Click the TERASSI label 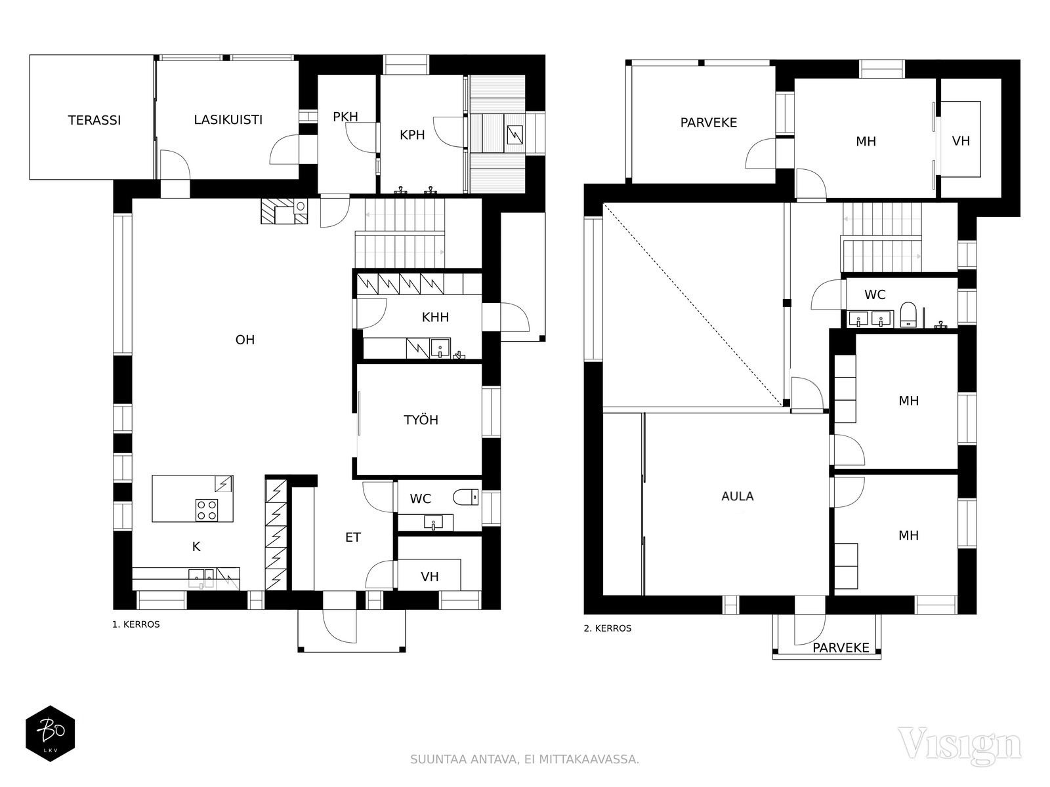pos(94,120)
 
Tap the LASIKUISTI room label pos(228,119)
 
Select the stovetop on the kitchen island pos(207,510)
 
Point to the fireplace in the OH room pos(283,211)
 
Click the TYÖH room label pos(421,420)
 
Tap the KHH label pos(435,317)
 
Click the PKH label pos(345,117)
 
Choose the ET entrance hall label pos(352,537)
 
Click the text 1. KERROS pos(136,624)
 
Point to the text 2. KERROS pos(608,628)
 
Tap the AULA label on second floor pos(737,496)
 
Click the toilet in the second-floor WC pos(908,313)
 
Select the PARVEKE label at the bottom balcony pos(841,648)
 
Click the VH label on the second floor pos(961,141)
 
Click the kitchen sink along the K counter pos(201,578)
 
